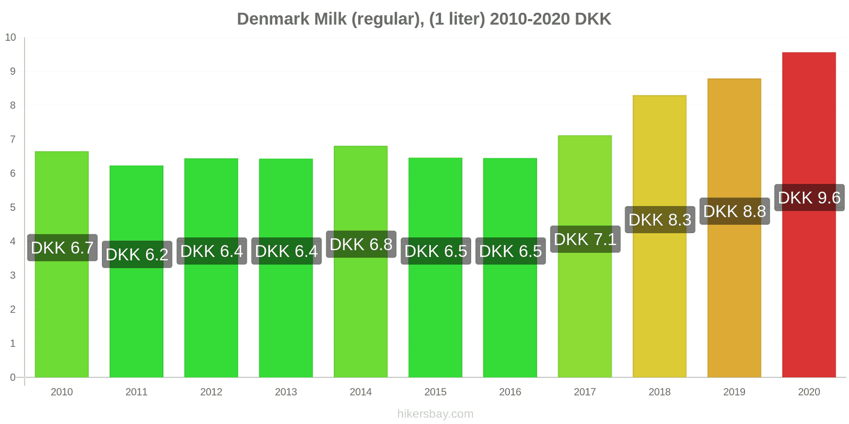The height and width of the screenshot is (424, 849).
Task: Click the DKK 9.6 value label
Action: point(809,198)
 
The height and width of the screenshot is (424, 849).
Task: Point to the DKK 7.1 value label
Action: point(585,239)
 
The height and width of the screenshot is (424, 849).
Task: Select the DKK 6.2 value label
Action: point(137,254)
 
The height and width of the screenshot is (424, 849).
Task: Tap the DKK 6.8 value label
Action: point(361,244)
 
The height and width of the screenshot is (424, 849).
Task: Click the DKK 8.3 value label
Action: point(660,219)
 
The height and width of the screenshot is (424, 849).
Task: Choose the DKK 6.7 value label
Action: point(62,248)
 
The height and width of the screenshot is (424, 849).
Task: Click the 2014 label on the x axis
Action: point(361,392)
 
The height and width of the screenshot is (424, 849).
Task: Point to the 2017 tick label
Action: point(585,392)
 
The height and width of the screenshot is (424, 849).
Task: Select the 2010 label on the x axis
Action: point(62,392)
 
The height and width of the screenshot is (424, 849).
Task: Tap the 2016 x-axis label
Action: point(510,392)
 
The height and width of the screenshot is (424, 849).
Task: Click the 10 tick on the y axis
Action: point(11,37)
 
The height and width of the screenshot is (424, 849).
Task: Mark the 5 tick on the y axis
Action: point(13,207)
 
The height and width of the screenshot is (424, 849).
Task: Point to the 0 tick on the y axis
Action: point(13,377)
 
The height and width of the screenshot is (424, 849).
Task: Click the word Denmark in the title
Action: point(273,19)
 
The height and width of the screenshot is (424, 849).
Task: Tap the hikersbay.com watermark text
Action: point(435,414)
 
